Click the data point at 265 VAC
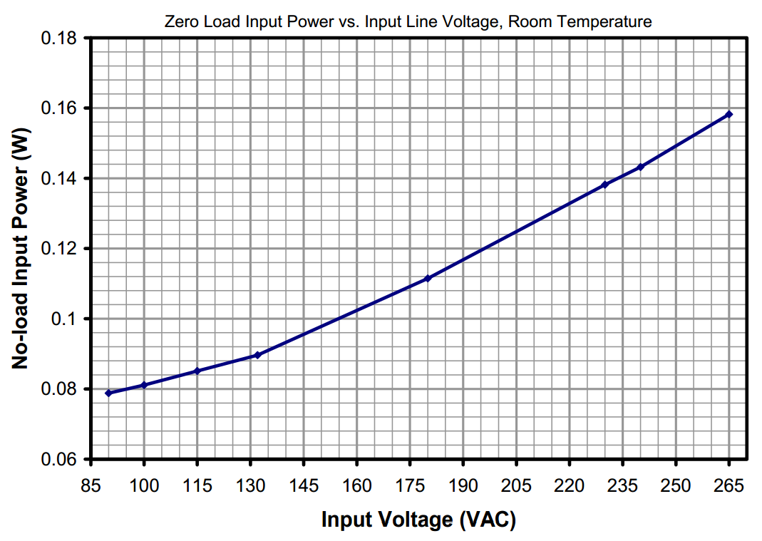tap(728, 115)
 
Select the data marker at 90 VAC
tap(108, 393)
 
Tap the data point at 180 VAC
tap(428, 278)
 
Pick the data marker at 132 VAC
tap(257, 355)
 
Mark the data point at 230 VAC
tap(604, 185)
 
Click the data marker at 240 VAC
tap(640, 167)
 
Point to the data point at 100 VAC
tap(144, 385)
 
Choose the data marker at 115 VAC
tap(197, 371)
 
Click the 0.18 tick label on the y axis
tap(63, 38)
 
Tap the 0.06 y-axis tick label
tap(63, 460)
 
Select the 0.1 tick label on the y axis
tap(68, 319)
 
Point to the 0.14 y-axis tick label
tap(63, 178)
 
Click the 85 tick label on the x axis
tap(91, 486)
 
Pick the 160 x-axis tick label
tap(356, 486)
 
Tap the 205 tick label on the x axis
tap(516, 486)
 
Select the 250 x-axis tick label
tap(676, 486)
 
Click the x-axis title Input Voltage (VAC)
tap(418, 520)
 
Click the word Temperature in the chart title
tap(612, 21)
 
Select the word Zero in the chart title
tap(180, 21)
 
